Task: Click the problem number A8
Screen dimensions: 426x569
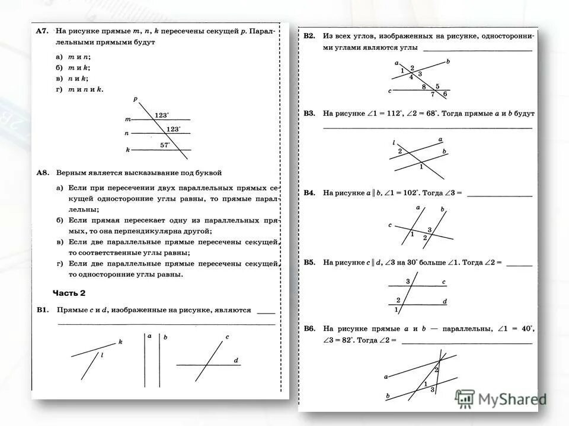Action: coord(41,173)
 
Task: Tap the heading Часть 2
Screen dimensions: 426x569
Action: coord(69,293)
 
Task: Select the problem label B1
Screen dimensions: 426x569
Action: coord(41,309)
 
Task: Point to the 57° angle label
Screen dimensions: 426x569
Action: coord(165,144)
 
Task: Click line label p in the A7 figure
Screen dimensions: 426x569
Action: coord(135,99)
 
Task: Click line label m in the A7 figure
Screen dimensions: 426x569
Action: coord(127,120)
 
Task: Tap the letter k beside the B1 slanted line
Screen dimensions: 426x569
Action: coord(120,342)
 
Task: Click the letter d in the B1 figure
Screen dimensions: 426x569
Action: coord(235,360)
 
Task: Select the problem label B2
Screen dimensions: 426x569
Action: coord(309,36)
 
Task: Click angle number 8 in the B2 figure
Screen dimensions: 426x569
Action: coord(424,87)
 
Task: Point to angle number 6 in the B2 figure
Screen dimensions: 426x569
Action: coord(445,94)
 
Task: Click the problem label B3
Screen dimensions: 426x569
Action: coord(309,112)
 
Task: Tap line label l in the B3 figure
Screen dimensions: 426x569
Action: coord(394,143)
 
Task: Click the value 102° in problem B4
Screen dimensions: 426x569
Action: coord(408,193)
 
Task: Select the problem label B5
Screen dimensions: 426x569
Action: coord(309,262)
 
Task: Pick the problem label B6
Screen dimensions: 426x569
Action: coord(309,328)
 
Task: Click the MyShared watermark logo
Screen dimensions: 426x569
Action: coord(501,399)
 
